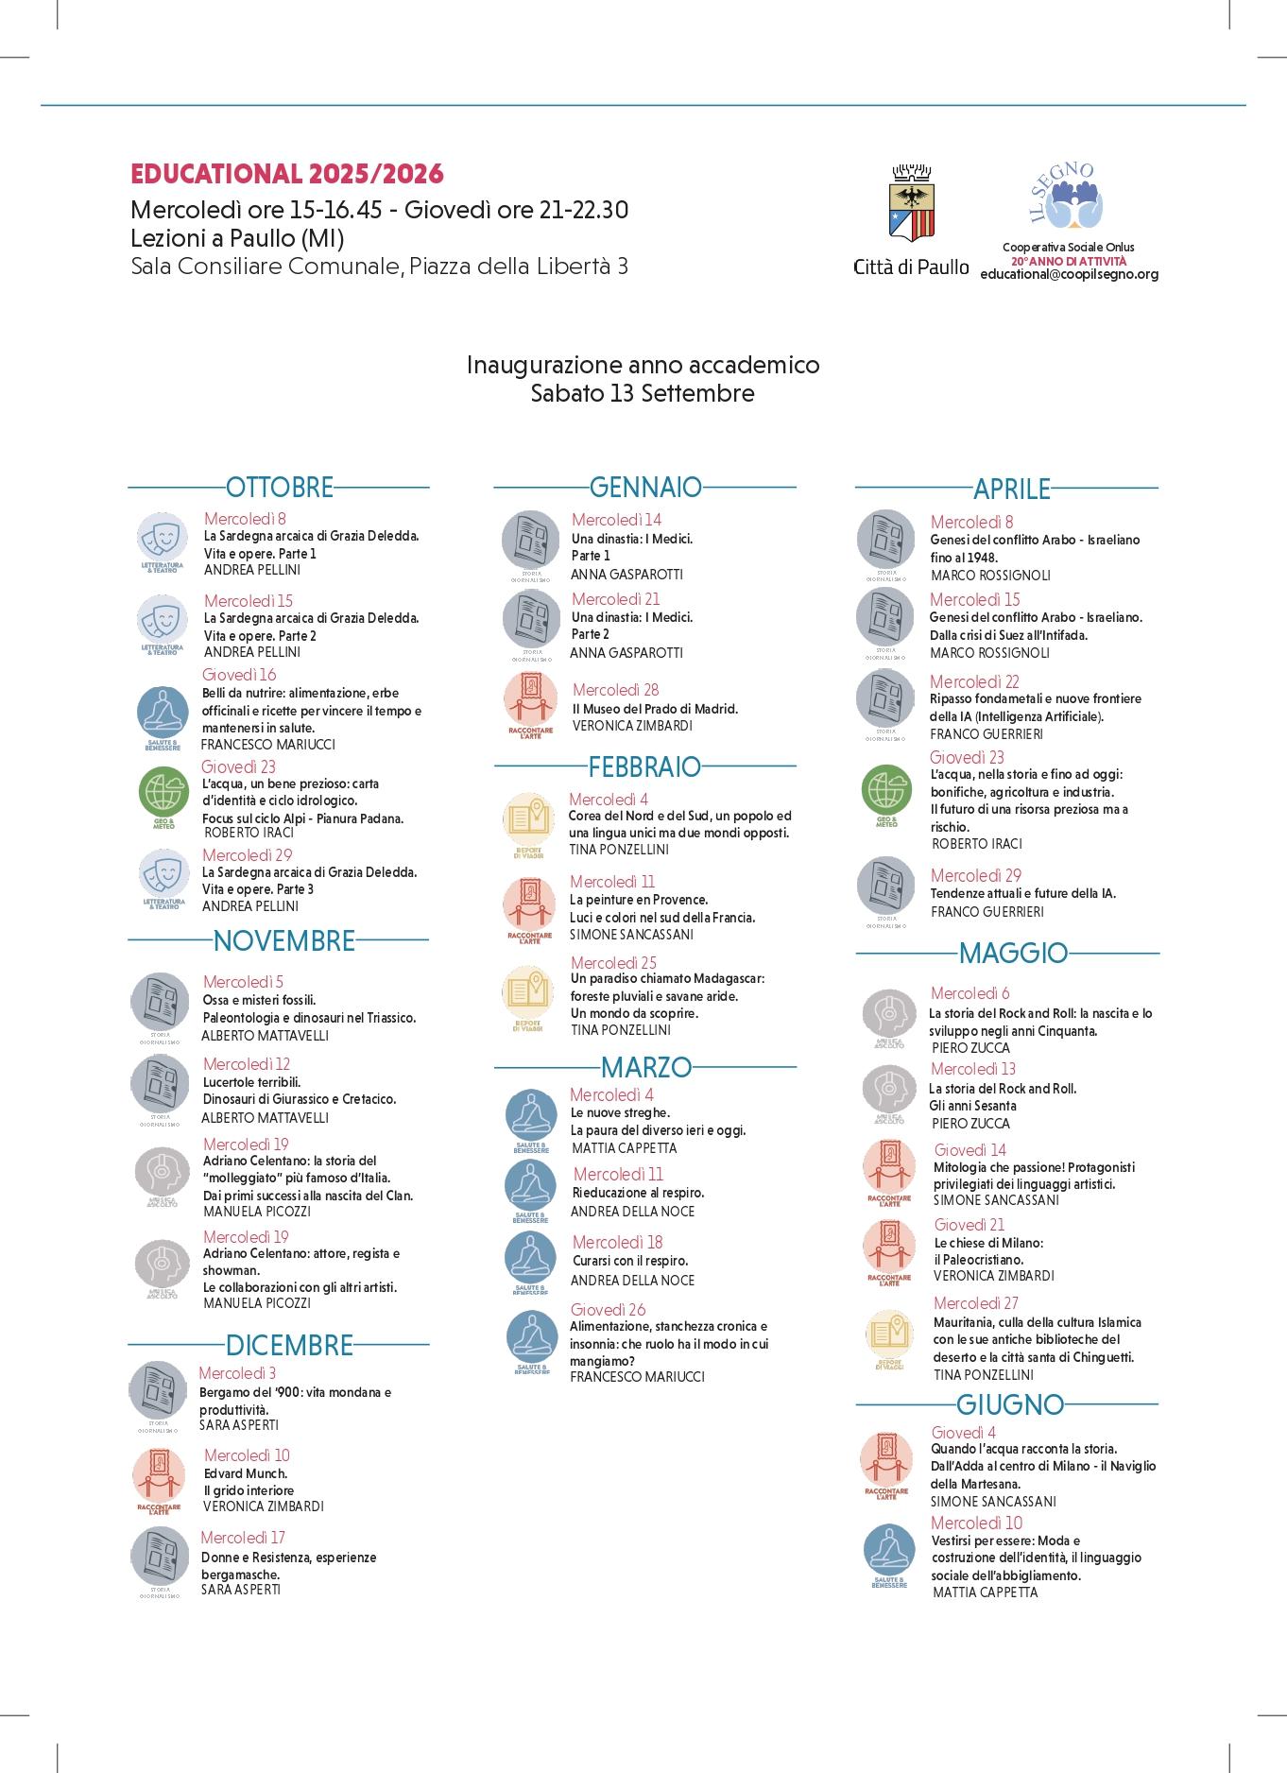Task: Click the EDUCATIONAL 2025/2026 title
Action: point(286,174)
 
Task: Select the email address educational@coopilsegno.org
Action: point(1069,274)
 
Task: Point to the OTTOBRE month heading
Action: point(280,488)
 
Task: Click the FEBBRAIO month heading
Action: point(644,766)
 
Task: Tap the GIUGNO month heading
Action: point(1010,1404)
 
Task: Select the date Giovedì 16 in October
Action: point(239,675)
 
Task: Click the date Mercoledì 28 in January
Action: point(616,690)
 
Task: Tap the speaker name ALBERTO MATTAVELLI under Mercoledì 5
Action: point(266,1036)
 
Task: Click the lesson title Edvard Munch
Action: point(246,1473)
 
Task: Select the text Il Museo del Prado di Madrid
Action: point(655,709)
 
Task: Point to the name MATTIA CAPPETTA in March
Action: point(624,1148)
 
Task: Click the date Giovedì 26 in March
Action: point(608,1310)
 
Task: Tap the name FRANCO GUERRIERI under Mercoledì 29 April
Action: point(987,912)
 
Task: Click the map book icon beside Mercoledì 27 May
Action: point(888,1334)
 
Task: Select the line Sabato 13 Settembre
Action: point(643,394)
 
